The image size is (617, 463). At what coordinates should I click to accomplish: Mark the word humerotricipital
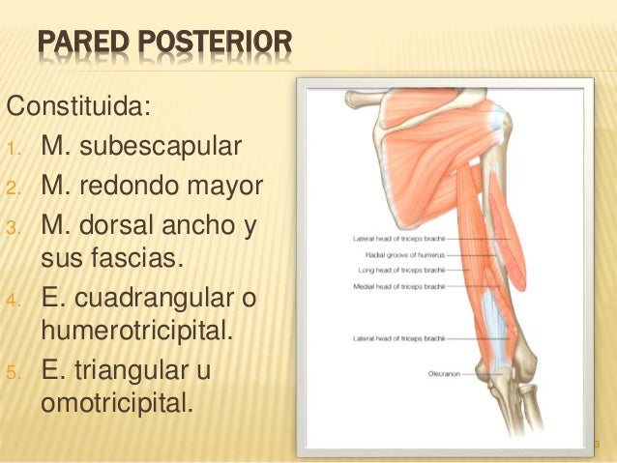pyautogui.click(x=138, y=333)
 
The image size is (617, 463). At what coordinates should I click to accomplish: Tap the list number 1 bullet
pyautogui.click(x=13, y=150)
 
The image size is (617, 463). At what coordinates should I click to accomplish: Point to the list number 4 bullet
pyautogui.click(x=13, y=300)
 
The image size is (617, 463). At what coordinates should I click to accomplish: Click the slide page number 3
pyautogui.click(x=598, y=445)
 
